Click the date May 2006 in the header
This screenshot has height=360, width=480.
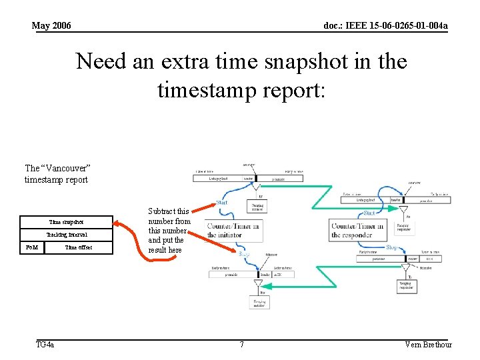click(x=51, y=26)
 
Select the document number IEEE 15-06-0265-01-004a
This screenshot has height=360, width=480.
click(x=385, y=26)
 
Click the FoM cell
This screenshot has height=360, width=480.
click(x=31, y=247)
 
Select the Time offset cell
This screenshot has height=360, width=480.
click(x=79, y=247)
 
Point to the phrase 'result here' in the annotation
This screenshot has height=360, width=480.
click(x=165, y=249)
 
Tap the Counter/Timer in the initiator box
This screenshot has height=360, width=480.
click(x=233, y=230)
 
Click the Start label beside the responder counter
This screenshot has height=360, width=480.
click(x=369, y=213)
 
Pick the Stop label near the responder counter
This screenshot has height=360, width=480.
click(x=393, y=247)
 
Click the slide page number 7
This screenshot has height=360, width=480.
click(x=241, y=345)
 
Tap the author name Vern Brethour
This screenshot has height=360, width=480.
click(x=428, y=345)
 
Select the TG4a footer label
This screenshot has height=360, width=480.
click(x=45, y=345)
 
